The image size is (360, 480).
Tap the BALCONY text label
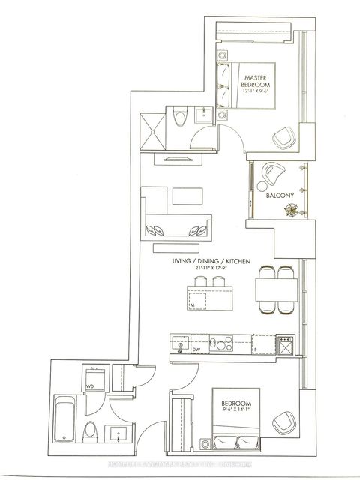click(280, 196)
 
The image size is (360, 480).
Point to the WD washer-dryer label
click(89, 387)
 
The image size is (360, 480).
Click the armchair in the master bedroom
click(285, 136)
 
